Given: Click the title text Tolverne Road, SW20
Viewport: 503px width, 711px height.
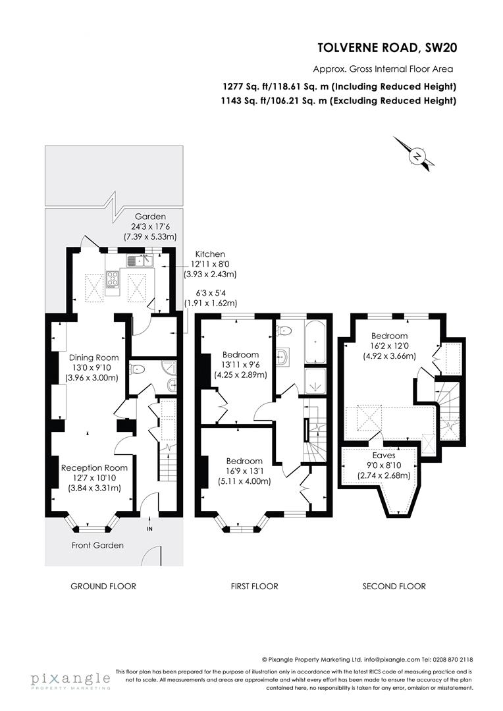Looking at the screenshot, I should coord(387,47).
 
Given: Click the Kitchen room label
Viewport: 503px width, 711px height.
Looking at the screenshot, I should coord(209,253).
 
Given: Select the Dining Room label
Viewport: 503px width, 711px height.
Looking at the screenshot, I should coord(93,357).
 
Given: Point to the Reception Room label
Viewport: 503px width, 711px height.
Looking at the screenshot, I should coord(94,467).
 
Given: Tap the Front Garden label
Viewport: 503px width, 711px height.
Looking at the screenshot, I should coord(97,545).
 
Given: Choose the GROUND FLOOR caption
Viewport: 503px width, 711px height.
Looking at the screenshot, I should coord(103,586).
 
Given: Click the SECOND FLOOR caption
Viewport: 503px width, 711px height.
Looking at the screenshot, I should coord(394,586).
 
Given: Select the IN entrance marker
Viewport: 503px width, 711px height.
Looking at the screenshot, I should coord(149,529).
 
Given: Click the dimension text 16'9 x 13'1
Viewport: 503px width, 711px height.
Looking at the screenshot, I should coord(244,471).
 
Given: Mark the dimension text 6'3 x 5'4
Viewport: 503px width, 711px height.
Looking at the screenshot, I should coord(210,294).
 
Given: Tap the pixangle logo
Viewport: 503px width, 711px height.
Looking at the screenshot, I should coord(70,679).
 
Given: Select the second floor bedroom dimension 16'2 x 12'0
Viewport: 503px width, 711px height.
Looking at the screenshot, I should coord(389,346).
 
